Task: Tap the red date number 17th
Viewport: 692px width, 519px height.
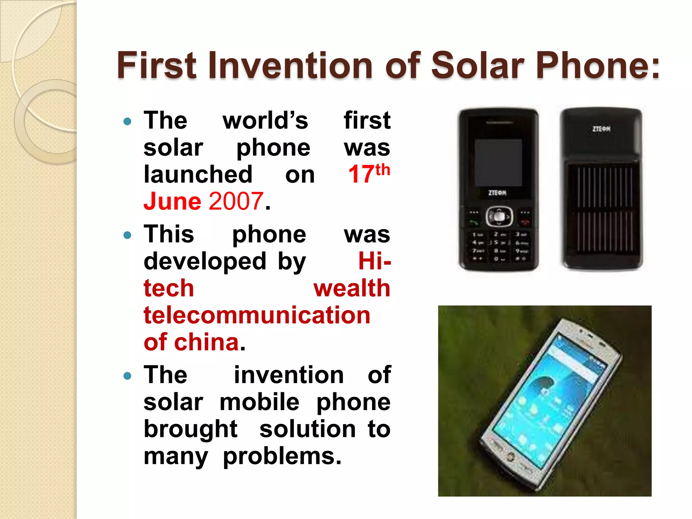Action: click(x=369, y=174)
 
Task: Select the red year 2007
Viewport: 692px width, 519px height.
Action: click(x=236, y=201)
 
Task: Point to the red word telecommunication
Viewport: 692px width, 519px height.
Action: click(x=257, y=315)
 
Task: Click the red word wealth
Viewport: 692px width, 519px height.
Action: click(x=352, y=288)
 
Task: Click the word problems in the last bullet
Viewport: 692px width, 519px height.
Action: click(x=282, y=456)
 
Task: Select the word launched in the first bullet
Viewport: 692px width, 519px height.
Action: click(x=198, y=174)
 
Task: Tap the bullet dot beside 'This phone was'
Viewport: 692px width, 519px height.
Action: click(x=127, y=235)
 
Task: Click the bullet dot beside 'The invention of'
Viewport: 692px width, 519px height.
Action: click(x=127, y=375)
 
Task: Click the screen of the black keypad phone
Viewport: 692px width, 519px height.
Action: click(x=498, y=163)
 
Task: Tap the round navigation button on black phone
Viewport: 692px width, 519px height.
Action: click(x=499, y=217)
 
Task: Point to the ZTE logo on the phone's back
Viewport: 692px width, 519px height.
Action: click(x=601, y=129)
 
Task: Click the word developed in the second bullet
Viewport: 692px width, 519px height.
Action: click(x=205, y=262)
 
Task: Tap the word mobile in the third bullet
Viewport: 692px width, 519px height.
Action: click(x=259, y=402)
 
